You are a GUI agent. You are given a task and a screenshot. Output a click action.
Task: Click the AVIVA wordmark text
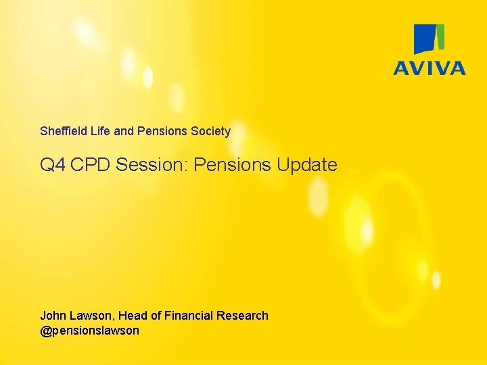(x=430, y=68)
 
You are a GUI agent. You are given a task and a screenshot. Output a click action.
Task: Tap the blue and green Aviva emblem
(x=430, y=39)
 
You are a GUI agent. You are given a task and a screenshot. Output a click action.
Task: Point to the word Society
(x=210, y=131)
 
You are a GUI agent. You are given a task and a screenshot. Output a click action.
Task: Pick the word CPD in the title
(x=90, y=164)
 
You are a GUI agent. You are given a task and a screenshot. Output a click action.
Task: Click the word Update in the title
(x=307, y=165)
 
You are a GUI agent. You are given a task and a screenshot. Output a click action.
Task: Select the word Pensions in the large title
(x=232, y=164)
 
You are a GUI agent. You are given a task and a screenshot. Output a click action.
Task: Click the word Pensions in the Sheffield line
(x=162, y=131)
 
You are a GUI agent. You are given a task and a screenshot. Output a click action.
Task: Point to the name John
(x=53, y=316)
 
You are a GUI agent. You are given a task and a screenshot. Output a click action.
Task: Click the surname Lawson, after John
(x=92, y=316)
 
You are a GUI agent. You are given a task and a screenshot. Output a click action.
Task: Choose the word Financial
(x=189, y=316)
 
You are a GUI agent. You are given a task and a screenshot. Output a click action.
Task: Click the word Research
(x=242, y=316)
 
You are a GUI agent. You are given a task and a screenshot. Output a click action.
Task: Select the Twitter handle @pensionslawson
(x=90, y=331)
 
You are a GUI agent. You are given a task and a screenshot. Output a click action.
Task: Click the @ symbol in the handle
(x=45, y=331)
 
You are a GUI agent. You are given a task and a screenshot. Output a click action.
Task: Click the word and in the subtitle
(x=124, y=131)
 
